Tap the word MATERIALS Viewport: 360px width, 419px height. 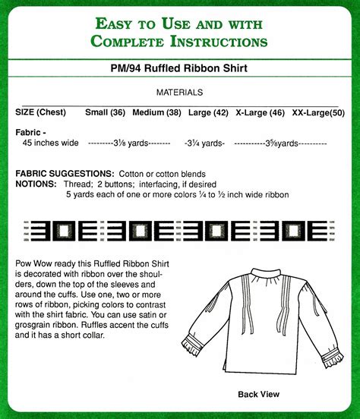pos(179,93)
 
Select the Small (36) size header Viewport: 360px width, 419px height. pos(106,112)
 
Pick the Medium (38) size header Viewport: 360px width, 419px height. pos(156,112)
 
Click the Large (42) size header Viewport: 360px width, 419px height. pos(207,112)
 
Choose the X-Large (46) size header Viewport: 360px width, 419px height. pos(260,112)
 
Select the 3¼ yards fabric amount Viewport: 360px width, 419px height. pos(204,143)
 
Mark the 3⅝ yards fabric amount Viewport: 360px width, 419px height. pos(280,143)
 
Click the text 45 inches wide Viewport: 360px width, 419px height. pos(51,143)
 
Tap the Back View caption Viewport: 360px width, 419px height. pos(258,394)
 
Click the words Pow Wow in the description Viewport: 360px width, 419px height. pos(34,262)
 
